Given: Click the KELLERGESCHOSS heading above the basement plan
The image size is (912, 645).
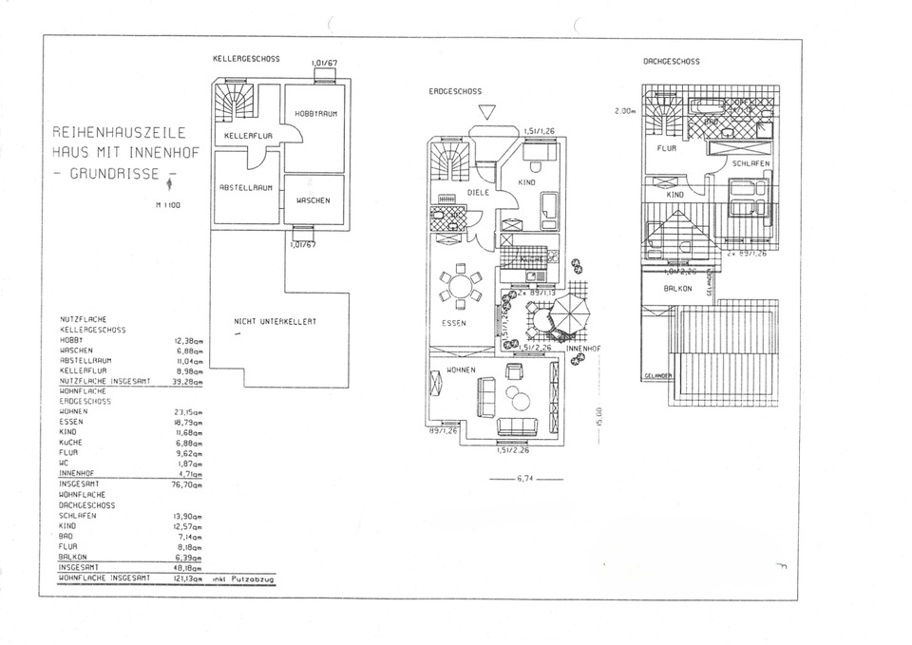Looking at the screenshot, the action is point(246,60).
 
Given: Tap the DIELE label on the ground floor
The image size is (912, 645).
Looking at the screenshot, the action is point(478,192).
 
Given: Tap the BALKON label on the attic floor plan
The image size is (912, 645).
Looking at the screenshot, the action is point(676,287).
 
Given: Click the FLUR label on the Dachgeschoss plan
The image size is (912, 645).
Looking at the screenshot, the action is point(666,148).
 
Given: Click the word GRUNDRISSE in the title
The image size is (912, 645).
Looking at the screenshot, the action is point(109,175).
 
